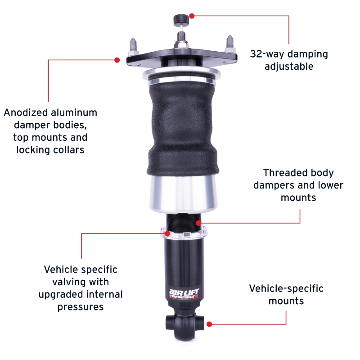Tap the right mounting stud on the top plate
229,45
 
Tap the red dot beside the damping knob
192,16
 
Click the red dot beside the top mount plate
117,59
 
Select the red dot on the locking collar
168,233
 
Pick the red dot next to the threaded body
198,223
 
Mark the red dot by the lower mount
209,324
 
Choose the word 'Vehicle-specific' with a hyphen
286,288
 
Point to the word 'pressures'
81,307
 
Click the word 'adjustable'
289,67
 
